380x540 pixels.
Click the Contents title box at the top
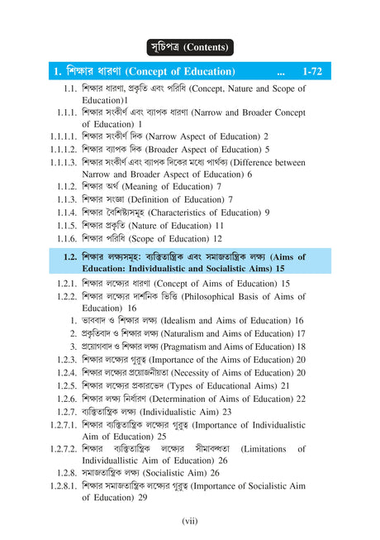[x=189, y=46]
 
